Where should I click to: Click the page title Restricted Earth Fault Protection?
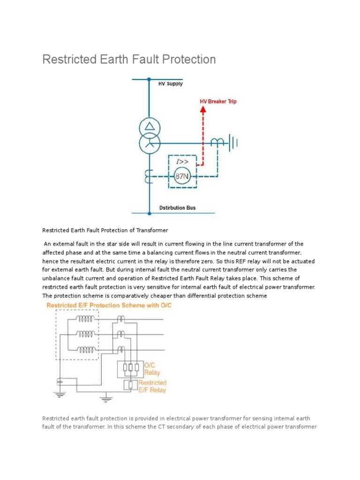click(x=129, y=60)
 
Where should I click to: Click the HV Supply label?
click(x=170, y=84)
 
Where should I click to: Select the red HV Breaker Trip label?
click(x=218, y=101)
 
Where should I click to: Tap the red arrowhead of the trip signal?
click(x=203, y=110)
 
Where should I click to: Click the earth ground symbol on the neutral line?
click(x=231, y=142)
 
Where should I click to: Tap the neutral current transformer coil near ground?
click(x=217, y=142)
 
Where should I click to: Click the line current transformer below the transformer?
click(x=149, y=176)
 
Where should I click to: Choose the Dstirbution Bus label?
click(x=178, y=207)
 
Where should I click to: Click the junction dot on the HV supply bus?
click(x=149, y=80)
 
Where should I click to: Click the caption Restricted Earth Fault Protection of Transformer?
click(x=105, y=230)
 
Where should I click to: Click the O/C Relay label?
click(x=152, y=369)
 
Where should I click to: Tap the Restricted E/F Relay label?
click(x=152, y=386)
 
